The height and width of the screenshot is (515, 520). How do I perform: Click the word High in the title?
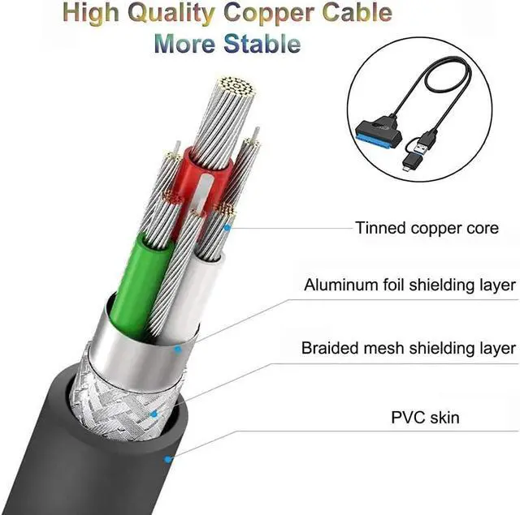point(97,14)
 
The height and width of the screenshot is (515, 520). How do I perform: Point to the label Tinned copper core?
point(427,228)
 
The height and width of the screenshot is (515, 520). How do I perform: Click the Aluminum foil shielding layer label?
point(409,285)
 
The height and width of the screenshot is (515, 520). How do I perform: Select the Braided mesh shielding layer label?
point(408,348)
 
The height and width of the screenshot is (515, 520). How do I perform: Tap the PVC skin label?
point(425,418)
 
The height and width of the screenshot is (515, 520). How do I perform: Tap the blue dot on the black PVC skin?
point(167,459)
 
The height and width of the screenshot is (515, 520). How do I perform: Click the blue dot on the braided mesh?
point(155,414)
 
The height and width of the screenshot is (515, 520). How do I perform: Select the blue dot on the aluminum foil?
point(179,350)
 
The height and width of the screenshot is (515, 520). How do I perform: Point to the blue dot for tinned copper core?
point(227,229)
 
